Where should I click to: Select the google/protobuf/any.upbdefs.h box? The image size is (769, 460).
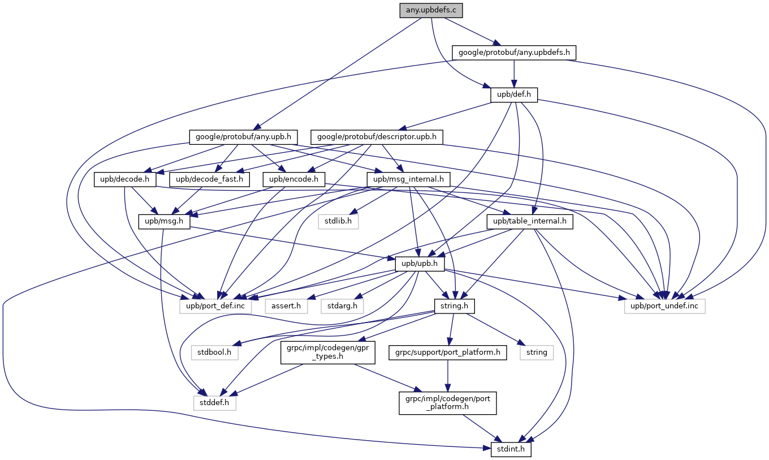pyautogui.click(x=514, y=53)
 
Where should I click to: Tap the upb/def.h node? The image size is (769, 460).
pyautogui.click(x=513, y=94)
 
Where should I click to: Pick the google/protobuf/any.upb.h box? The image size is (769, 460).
pyautogui.click(x=243, y=137)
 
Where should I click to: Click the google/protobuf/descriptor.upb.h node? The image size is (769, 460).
pyautogui.click(x=377, y=137)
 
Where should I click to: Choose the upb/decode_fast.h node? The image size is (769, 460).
pyautogui.click(x=209, y=179)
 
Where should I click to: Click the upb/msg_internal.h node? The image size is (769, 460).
pyautogui.click(x=408, y=179)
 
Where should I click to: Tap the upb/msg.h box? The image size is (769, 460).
pyautogui.click(x=164, y=221)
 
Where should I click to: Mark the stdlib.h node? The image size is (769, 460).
pyautogui.click(x=338, y=221)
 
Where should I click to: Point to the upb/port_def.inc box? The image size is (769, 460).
pyautogui.click(x=220, y=306)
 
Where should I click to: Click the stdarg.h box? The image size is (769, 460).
pyautogui.click(x=342, y=306)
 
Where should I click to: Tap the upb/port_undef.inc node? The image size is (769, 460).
pyautogui.click(x=665, y=306)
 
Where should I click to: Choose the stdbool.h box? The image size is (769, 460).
pyautogui.click(x=214, y=352)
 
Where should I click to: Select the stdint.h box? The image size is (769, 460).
pyautogui.click(x=507, y=450)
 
